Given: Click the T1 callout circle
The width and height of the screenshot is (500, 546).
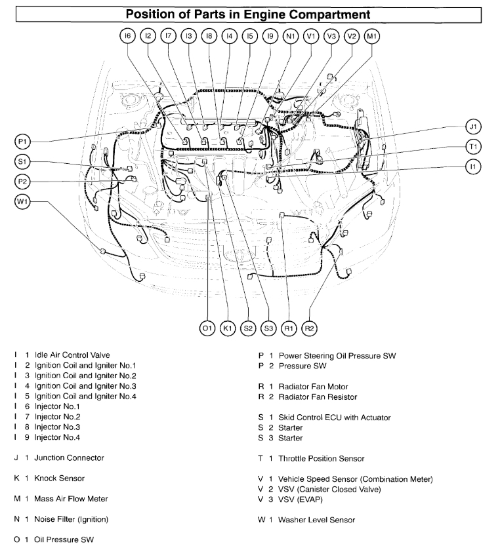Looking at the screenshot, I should point(474,146).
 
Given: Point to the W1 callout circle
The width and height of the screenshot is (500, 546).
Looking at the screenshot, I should point(23,201).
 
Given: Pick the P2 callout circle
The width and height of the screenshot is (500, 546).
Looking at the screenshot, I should point(23,182).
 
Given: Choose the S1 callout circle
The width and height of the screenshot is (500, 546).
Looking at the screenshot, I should point(23,161).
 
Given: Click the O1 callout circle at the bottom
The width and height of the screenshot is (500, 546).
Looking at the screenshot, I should point(207,327).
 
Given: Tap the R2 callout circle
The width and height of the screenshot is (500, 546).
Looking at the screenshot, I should point(310,327).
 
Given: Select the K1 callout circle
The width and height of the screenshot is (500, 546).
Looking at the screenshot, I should point(228,327).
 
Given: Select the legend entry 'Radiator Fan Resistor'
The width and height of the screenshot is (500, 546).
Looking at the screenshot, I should point(318,397).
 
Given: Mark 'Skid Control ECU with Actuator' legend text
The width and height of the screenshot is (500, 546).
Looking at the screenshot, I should point(334,418).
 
